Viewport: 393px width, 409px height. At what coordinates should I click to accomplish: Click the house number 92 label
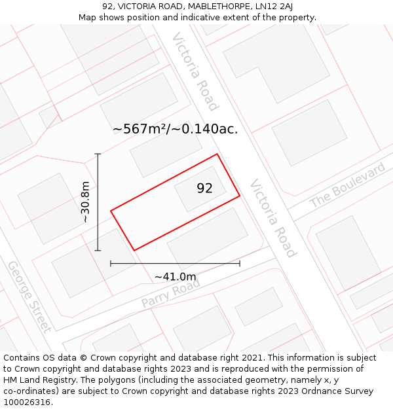coord(204,188)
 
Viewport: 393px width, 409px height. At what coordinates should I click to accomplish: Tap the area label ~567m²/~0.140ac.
coord(175,129)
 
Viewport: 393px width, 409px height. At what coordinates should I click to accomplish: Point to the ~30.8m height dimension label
coord(85,202)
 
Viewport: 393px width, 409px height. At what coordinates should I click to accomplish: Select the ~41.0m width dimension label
coord(175,277)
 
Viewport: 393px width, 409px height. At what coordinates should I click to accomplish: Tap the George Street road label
coord(29,296)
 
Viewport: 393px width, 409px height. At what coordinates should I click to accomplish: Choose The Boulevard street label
coord(347,186)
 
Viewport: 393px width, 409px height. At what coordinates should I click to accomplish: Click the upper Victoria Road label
coord(195,71)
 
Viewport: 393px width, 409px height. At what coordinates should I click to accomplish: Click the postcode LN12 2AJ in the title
coord(269,7)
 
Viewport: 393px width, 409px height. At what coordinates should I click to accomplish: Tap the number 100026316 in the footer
coord(28,402)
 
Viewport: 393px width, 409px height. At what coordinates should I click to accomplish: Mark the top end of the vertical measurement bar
coord(98,154)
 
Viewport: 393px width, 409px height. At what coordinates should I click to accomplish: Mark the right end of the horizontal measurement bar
coord(240,263)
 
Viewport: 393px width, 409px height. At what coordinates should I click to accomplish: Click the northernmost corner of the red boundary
coord(217,154)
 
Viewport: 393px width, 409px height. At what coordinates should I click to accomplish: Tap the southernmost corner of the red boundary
coord(134,250)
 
